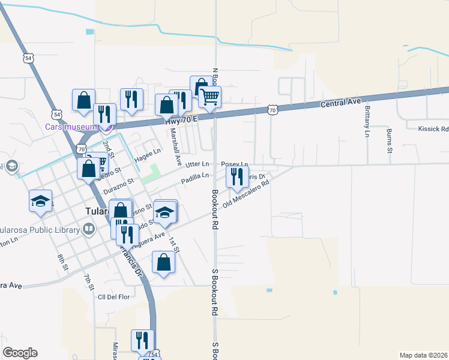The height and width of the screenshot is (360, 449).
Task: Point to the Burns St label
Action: pyautogui.click(x=389, y=140)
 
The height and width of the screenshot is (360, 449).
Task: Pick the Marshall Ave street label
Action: pyautogui.click(x=175, y=146)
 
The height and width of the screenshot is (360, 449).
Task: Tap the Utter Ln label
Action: pyautogui.click(x=197, y=164)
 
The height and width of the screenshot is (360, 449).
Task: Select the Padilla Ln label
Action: pyautogui.click(x=196, y=176)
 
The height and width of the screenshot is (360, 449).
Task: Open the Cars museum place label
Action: pyautogui.click(x=71, y=127)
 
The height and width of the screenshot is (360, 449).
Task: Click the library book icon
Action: pyautogui.click(x=89, y=229)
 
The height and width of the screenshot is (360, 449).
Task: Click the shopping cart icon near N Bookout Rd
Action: pyautogui.click(x=209, y=96)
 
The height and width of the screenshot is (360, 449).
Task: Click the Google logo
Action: pyautogui.click(x=20, y=353)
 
